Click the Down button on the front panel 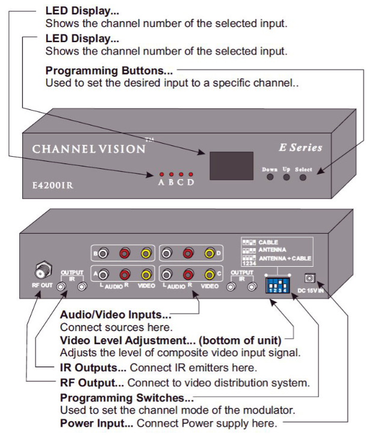click(270, 177)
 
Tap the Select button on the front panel click(303, 177)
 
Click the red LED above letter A click(161, 174)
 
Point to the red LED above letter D click(190, 174)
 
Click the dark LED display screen click(231, 166)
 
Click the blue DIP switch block click(277, 284)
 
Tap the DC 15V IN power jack click(309, 278)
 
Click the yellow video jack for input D click(209, 254)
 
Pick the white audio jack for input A click(103, 275)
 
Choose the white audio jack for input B click(103, 253)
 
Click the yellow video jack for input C click(209, 275)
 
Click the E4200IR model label click(53, 185)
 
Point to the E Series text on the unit click(300, 147)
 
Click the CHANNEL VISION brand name click(89, 149)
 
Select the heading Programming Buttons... click(109, 70)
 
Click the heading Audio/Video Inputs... click(116, 315)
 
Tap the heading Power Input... click(97, 424)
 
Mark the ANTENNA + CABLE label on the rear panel click(285, 258)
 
